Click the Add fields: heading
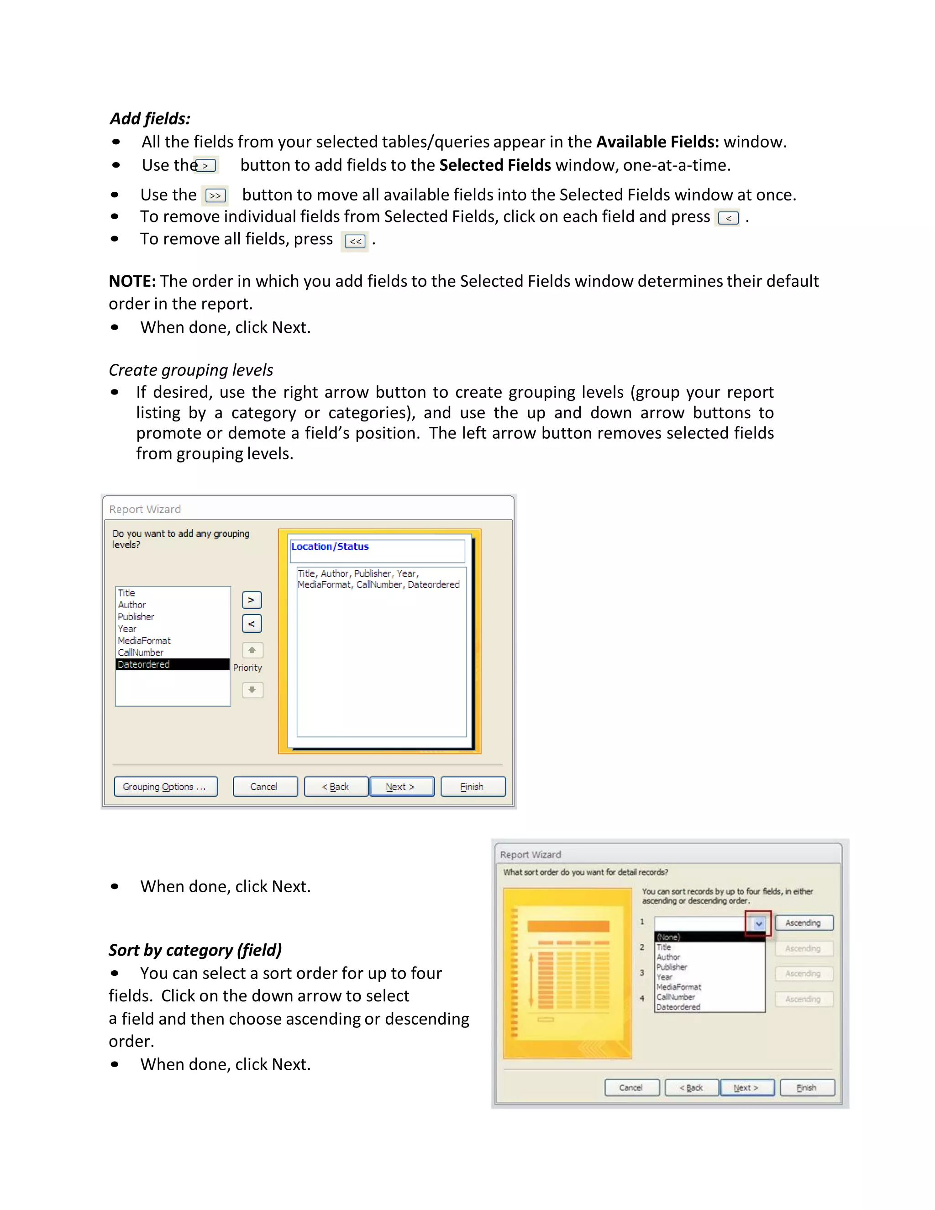click(x=150, y=119)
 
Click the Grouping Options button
click(x=165, y=787)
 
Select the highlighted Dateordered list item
click(x=172, y=664)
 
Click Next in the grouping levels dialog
click(x=401, y=787)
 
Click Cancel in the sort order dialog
click(x=631, y=1088)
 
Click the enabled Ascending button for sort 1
click(x=803, y=922)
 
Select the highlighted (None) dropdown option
click(x=709, y=937)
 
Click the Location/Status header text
click(x=330, y=546)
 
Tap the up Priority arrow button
click(x=252, y=650)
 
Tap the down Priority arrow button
click(x=252, y=690)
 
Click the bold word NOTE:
click(x=132, y=281)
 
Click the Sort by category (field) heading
click(x=195, y=950)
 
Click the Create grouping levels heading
click(x=190, y=370)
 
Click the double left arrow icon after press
click(x=355, y=242)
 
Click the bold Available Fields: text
click(x=657, y=142)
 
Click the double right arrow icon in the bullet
click(x=215, y=195)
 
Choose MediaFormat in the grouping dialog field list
click(x=144, y=641)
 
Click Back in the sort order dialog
click(x=691, y=1088)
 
